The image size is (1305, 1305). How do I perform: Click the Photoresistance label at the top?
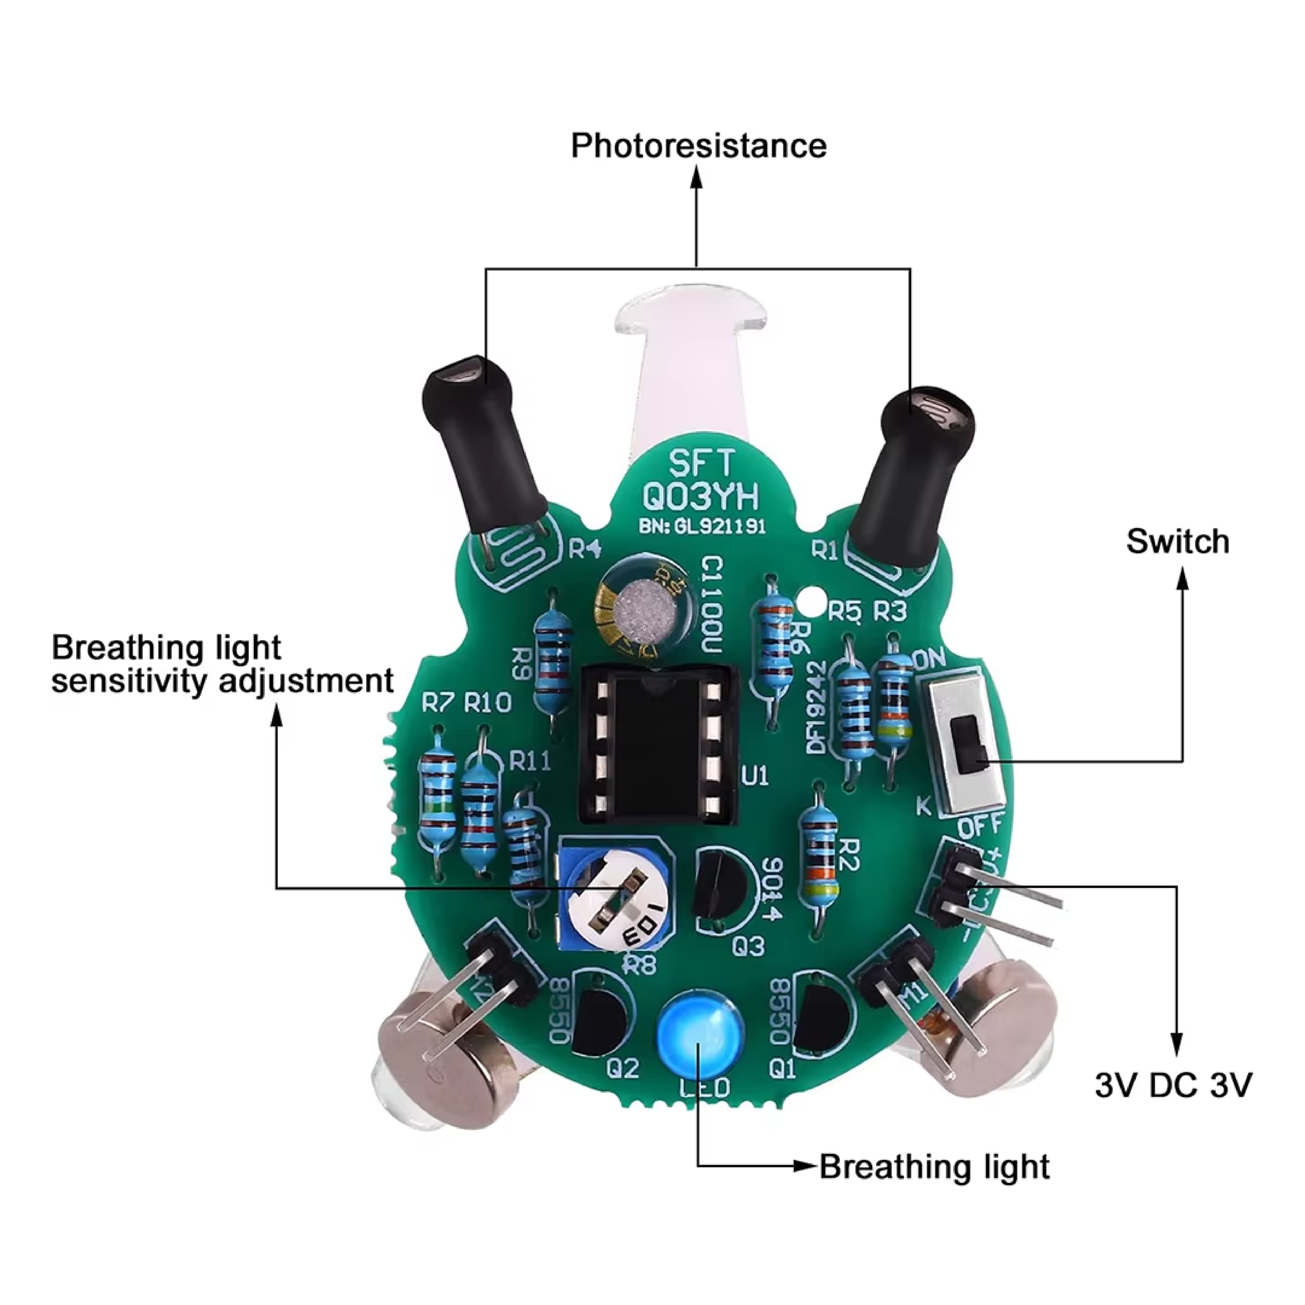pyautogui.click(x=698, y=146)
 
